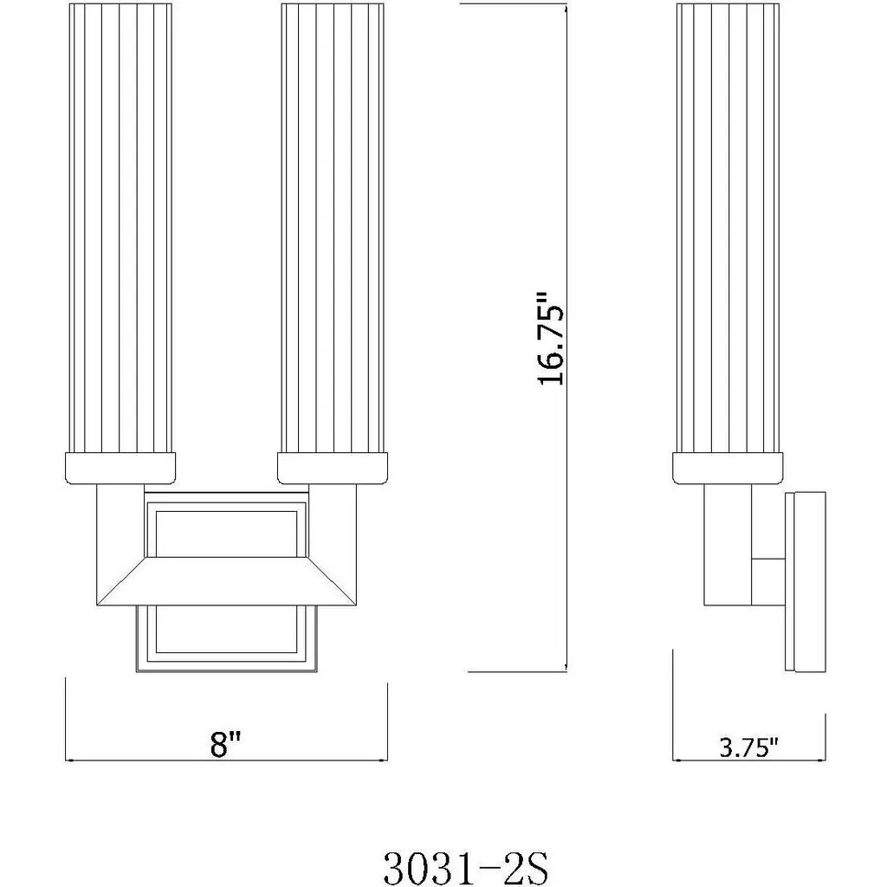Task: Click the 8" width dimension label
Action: coord(226,743)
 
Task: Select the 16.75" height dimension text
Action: coord(550,339)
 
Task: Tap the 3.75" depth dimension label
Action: coord(748,748)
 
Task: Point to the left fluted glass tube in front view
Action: coord(120,229)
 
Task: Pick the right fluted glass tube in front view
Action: coord(333,229)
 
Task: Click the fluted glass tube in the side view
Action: coord(728,229)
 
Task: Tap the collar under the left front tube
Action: coord(120,469)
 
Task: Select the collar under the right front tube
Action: coord(333,469)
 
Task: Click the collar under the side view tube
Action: coord(728,469)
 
